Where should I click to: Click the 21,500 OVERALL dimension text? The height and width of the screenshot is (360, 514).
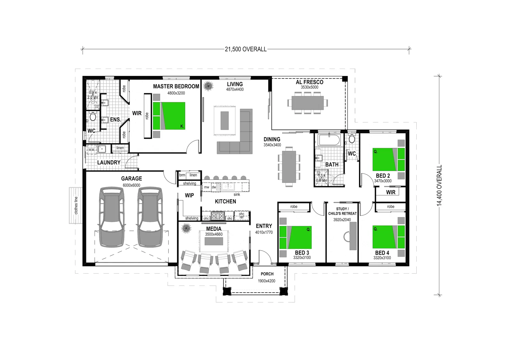(x=245, y=49)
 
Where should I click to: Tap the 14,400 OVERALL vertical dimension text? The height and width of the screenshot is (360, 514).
(x=439, y=185)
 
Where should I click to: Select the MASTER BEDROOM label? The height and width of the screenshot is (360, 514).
(x=176, y=86)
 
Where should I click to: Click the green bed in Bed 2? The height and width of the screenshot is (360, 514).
(x=389, y=159)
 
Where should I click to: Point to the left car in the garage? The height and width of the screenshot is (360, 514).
(x=111, y=217)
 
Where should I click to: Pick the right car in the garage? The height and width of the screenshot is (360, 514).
(x=150, y=217)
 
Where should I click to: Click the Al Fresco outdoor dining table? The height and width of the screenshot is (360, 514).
(x=307, y=103)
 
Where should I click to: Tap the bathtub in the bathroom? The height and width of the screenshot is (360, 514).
(x=329, y=140)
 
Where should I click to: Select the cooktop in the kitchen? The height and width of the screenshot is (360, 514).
(x=218, y=216)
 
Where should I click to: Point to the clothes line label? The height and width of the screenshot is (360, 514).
(x=76, y=205)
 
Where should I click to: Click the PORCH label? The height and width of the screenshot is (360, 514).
(x=267, y=274)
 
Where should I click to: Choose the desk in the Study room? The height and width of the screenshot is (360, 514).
(x=353, y=236)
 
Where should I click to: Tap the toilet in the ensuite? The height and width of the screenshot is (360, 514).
(x=93, y=117)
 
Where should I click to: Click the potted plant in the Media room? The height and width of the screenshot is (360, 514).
(x=186, y=228)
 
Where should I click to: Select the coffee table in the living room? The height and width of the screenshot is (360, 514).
(x=224, y=120)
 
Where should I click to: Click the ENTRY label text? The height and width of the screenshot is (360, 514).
(x=264, y=226)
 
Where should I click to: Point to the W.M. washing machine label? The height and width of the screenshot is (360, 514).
(x=91, y=150)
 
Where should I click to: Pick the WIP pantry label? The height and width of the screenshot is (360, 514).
(x=189, y=195)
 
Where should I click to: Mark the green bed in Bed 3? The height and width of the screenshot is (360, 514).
(x=295, y=237)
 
